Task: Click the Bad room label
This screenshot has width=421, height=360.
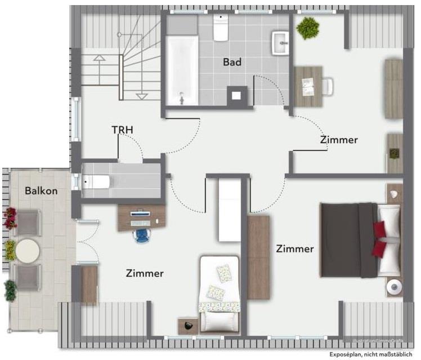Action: point(232,62)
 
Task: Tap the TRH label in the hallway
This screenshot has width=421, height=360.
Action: point(122,130)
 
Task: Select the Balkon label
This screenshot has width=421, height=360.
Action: point(41,191)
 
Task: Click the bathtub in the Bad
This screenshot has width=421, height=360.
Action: point(182,70)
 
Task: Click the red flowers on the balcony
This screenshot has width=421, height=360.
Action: point(10,217)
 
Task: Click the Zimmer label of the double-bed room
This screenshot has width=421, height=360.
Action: point(294,248)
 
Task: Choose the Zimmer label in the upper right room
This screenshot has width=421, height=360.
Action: point(339,140)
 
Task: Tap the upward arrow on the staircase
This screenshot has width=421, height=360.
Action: point(100,57)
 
